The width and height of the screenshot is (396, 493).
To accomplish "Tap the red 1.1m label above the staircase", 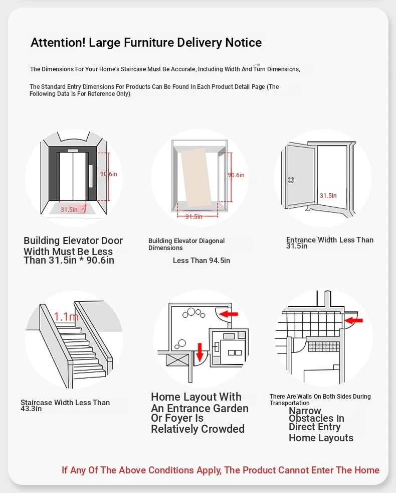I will click(x=66, y=316).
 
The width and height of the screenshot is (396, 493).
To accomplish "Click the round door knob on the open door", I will click(x=291, y=180).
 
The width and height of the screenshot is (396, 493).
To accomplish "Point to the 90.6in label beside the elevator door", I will click(x=108, y=174).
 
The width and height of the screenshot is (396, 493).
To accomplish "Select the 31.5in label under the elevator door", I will click(x=69, y=209).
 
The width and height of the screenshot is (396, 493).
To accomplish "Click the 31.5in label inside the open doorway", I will click(x=328, y=196).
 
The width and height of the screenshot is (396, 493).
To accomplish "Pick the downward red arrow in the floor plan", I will click(x=200, y=352).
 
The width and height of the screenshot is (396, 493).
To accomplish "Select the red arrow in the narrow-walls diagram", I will click(x=354, y=319).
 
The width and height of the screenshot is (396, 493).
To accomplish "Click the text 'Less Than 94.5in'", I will click(x=201, y=261).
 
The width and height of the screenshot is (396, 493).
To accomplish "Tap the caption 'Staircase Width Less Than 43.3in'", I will click(x=65, y=405).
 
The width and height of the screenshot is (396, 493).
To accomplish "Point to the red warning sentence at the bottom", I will click(x=221, y=470).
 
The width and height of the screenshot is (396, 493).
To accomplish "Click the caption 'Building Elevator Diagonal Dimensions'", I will click(x=186, y=244).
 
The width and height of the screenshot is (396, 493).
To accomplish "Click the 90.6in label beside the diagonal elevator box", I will click(x=236, y=175).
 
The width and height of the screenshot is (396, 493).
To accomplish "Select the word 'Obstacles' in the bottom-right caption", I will click(x=316, y=418).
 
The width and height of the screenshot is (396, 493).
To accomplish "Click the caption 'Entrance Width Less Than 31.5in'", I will click(x=329, y=242).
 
